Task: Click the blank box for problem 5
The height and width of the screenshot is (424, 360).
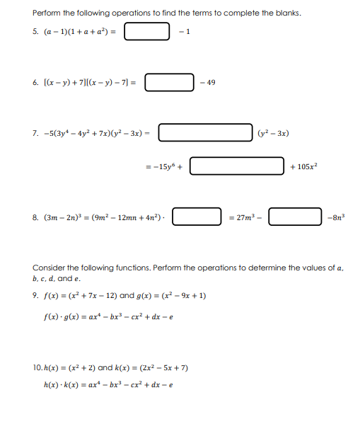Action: tap(147, 32)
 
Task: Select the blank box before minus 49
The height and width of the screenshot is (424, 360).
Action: tap(170, 83)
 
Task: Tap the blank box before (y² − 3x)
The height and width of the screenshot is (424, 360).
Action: tap(205, 132)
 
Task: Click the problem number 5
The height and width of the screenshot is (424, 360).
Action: tap(35, 33)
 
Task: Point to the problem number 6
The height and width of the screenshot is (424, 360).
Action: tap(35, 83)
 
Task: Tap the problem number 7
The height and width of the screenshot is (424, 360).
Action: tap(35, 133)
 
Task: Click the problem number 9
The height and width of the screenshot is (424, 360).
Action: tap(35, 296)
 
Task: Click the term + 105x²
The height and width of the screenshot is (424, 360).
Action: tap(304, 166)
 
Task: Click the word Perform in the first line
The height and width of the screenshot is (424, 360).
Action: tap(47, 13)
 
